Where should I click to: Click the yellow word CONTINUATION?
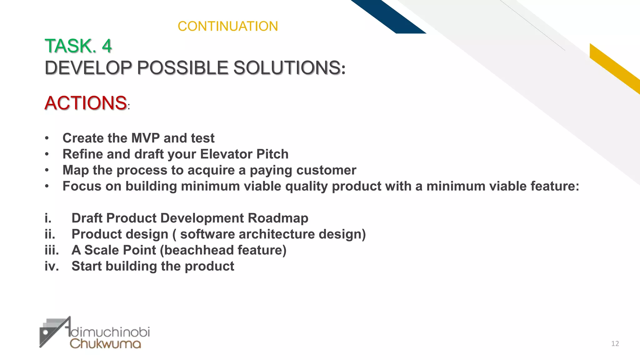click(x=227, y=26)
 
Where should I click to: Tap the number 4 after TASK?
click(x=107, y=46)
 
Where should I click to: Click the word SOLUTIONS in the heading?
click(x=287, y=68)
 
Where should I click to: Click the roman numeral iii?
click(x=52, y=250)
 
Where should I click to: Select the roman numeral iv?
click(x=52, y=266)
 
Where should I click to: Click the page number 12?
click(x=615, y=344)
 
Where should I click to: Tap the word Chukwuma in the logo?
click(x=105, y=344)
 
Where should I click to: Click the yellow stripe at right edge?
click(x=614, y=67)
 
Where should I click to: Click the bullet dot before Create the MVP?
click(x=47, y=138)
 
